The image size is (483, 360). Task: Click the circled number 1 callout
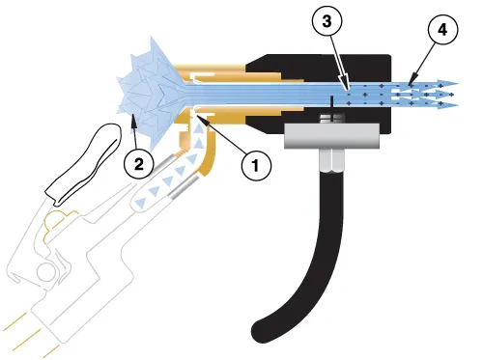point(255,165)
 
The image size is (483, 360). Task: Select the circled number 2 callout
point(138,165)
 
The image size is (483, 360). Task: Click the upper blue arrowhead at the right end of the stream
point(450,83)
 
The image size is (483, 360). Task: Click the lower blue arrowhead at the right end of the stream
point(450,104)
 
